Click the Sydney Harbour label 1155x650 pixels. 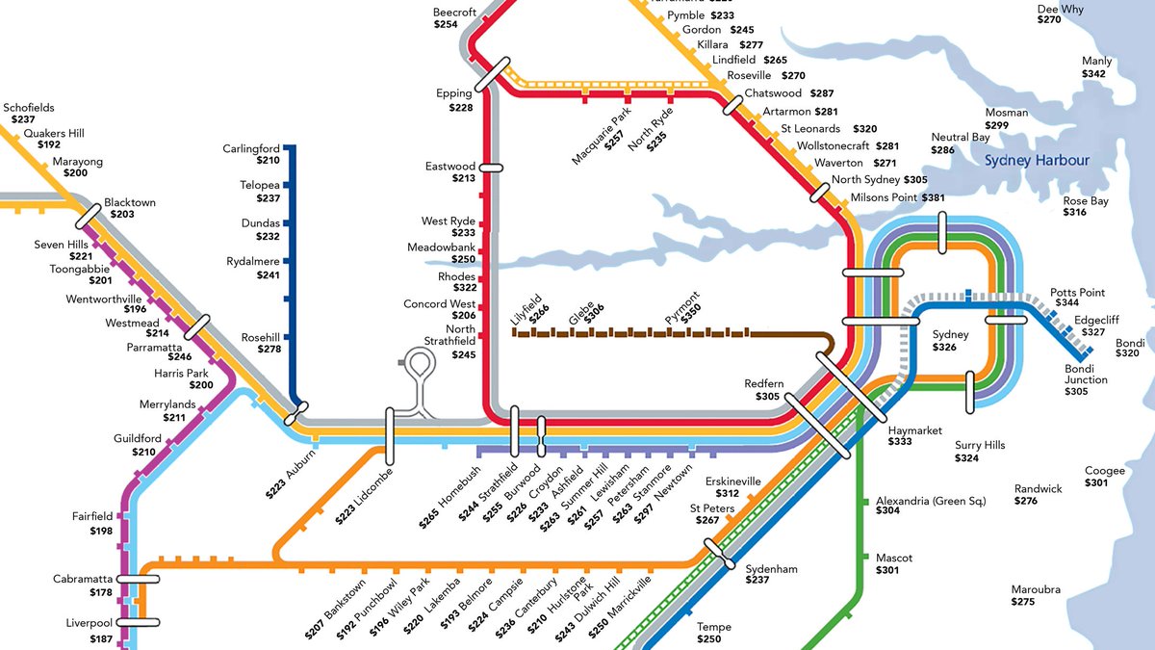coord(1037,161)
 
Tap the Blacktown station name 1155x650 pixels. coord(130,203)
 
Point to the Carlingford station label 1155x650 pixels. coord(251,148)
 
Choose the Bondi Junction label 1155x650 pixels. coord(1086,374)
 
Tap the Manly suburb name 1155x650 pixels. coord(1096,61)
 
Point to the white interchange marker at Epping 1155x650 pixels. coord(490,74)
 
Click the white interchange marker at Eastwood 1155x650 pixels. coord(491,167)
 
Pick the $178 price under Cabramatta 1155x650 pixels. coord(101,592)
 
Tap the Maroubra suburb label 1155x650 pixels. coord(1036,589)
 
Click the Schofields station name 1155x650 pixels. coord(29,108)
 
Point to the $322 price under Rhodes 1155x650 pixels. coord(464,288)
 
